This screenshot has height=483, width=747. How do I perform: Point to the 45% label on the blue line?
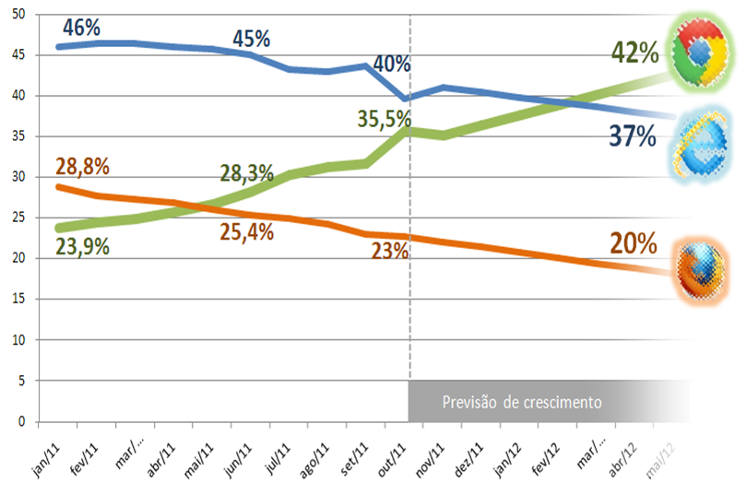coord(251,39)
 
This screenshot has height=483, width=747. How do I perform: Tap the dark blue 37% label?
coord(632,138)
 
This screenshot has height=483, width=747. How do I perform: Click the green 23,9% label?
coord(83,246)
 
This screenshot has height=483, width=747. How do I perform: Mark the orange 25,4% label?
coord(246,232)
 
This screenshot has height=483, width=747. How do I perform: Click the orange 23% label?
coord(389,251)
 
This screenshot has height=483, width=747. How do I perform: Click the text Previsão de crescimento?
coord(522,403)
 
